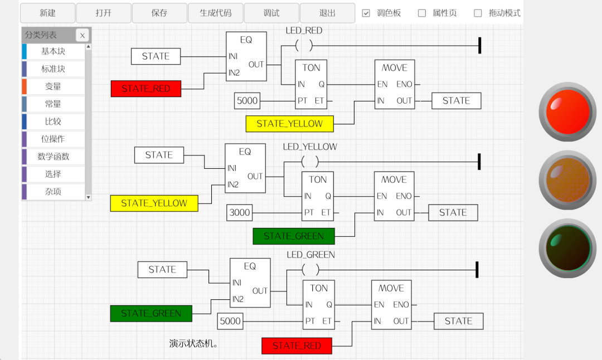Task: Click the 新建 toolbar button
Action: click(x=48, y=13)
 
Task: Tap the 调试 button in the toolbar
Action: click(x=271, y=13)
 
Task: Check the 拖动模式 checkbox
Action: click(x=478, y=13)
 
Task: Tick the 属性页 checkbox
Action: click(x=422, y=13)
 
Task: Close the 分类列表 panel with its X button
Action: click(x=82, y=35)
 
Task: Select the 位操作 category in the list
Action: click(x=54, y=139)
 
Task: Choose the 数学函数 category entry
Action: click(x=54, y=157)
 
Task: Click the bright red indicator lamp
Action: click(x=567, y=112)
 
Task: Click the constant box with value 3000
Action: click(x=240, y=212)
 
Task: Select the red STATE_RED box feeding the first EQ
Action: click(x=146, y=89)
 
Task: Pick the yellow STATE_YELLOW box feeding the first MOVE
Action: click(x=289, y=124)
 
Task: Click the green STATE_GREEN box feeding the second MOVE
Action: click(x=294, y=236)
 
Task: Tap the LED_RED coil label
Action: click(x=304, y=31)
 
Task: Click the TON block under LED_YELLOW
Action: click(x=318, y=196)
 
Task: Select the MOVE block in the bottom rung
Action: click(x=391, y=304)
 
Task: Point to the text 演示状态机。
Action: click(x=193, y=344)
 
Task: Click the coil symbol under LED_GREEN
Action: click(x=310, y=270)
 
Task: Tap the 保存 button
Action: click(x=159, y=13)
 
